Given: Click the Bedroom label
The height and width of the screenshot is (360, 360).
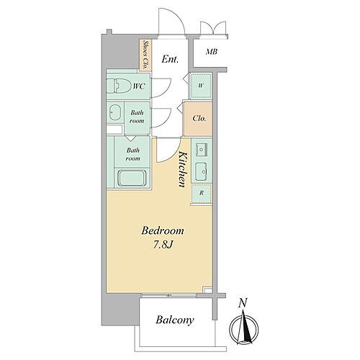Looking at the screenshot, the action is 163,230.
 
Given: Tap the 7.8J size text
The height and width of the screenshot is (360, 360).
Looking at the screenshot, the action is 163,245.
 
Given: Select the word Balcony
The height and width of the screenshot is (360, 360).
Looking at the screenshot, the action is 174,320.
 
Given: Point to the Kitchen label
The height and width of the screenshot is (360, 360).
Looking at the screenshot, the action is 183,169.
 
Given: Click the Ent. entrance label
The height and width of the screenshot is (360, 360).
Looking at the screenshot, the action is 170,59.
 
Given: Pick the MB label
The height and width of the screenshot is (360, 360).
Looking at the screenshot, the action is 212,52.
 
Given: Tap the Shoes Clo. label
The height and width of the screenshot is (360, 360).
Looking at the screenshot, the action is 145,55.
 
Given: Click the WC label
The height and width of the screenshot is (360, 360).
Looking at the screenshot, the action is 139,86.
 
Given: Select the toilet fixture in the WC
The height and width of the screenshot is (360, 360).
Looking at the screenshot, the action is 117,86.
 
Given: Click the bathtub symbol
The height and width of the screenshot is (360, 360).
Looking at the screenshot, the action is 132,178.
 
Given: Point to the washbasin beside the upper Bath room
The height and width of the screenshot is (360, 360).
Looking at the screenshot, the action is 115,112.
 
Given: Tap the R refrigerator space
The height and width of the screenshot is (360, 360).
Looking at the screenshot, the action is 202,193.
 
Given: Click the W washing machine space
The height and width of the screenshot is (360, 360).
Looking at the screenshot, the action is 201,86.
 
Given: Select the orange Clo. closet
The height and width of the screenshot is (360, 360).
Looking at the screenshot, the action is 198,119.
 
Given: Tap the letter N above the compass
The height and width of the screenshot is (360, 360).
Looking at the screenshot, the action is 243,303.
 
